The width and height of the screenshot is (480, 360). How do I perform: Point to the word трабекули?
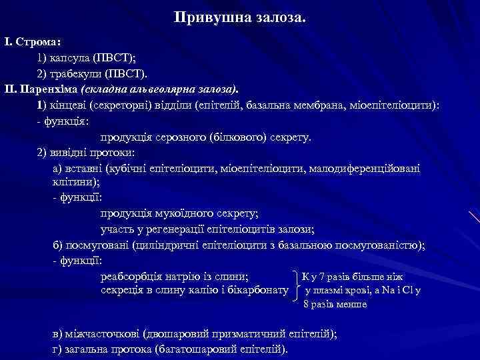pos(76,73)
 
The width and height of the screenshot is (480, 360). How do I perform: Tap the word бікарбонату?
pos(257,291)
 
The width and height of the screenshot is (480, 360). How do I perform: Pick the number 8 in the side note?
pos(306,305)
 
